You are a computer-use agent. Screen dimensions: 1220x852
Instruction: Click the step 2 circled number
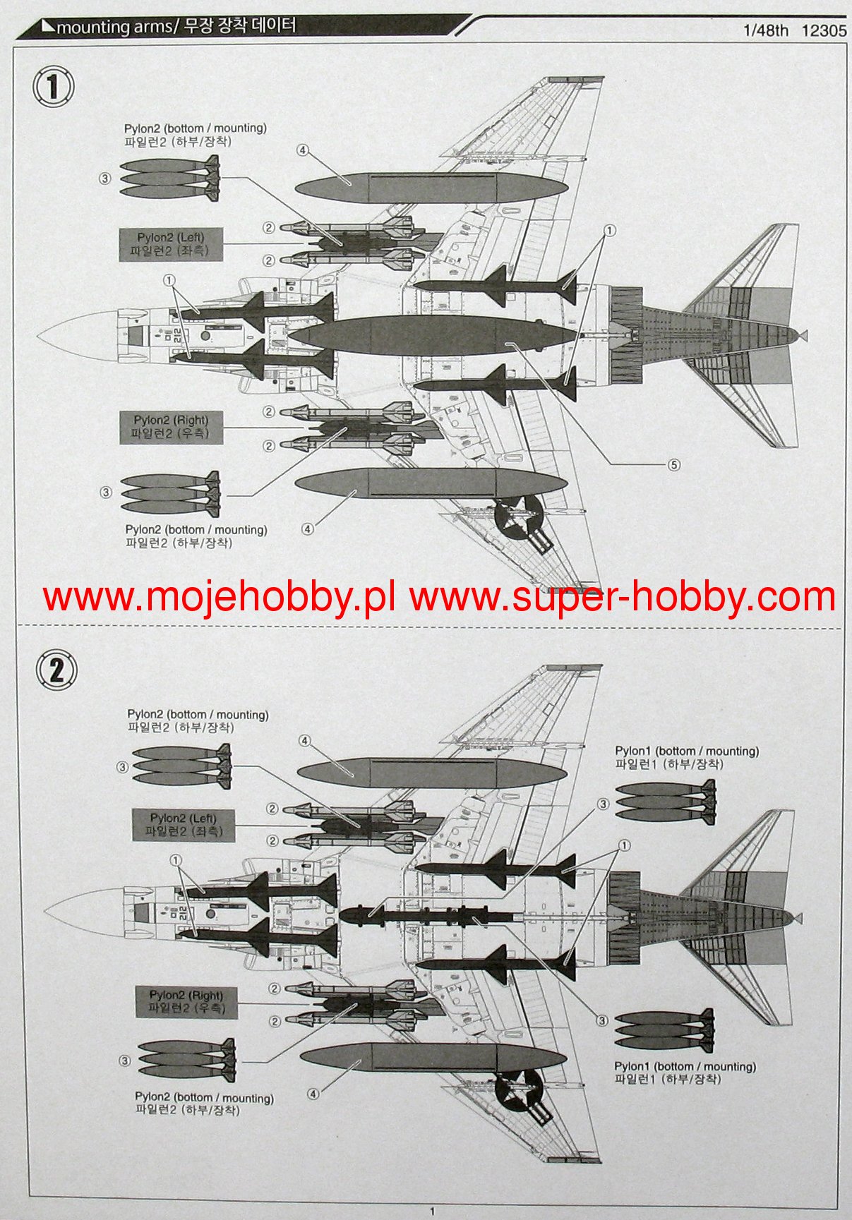click(x=55, y=669)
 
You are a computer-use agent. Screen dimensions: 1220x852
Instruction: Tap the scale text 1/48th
click(x=766, y=31)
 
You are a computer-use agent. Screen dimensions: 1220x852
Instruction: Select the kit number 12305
click(x=824, y=31)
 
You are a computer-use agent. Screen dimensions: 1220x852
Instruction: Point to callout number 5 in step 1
click(x=674, y=464)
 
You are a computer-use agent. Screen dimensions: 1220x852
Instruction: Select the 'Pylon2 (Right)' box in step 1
click(x=171, y=427)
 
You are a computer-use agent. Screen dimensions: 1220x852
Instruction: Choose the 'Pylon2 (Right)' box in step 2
click(x=186, y=1001)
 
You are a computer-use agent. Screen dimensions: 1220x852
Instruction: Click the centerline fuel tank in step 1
click(x=433, y=337)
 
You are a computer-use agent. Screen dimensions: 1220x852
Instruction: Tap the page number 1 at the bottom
click(x=432, y=1212)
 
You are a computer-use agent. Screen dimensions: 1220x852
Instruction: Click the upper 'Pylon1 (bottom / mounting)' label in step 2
click(x=686, y=758)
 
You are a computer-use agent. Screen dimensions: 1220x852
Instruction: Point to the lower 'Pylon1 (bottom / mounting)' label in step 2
click(x=685, y=1073)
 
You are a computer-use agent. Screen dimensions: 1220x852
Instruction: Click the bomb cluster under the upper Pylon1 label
click(x=666, y=802)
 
